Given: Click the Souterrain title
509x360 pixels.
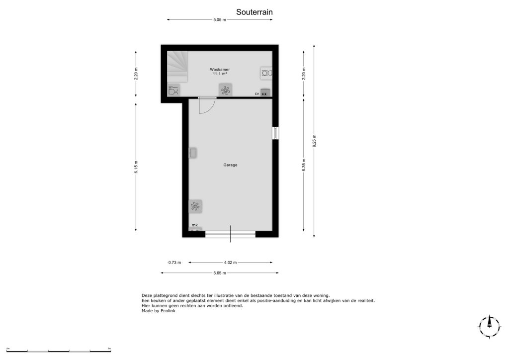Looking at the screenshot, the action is (254, 12).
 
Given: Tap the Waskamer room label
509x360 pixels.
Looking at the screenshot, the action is (220, 70).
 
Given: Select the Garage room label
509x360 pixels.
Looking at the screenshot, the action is (230, 165).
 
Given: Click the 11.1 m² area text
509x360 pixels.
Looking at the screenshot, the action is (220, 74).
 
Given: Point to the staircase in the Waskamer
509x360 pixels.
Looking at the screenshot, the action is (177, 66).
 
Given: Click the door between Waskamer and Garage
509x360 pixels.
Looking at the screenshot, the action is (207, 105).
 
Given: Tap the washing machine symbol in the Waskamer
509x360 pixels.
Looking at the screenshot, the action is (266, 74).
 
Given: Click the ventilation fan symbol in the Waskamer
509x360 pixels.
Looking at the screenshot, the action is (225, 90).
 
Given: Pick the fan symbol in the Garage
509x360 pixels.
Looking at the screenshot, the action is (195, 206).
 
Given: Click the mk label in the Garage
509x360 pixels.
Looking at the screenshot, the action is (195, 225).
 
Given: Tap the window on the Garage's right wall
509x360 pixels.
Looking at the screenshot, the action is (275, 133).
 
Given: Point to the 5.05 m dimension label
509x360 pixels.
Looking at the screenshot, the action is (220, 20).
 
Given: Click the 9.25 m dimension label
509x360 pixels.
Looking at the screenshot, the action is (314, 141).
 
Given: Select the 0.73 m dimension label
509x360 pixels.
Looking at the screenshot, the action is (174, 263).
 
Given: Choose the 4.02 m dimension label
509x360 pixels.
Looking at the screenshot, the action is (230, 263).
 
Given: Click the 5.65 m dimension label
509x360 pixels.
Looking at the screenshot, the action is (220, 273).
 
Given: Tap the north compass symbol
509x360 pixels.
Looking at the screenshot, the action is (489, 326).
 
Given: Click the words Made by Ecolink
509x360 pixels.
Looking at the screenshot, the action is (159, 311).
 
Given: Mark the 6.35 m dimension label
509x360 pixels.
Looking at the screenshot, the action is (304, 165).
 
